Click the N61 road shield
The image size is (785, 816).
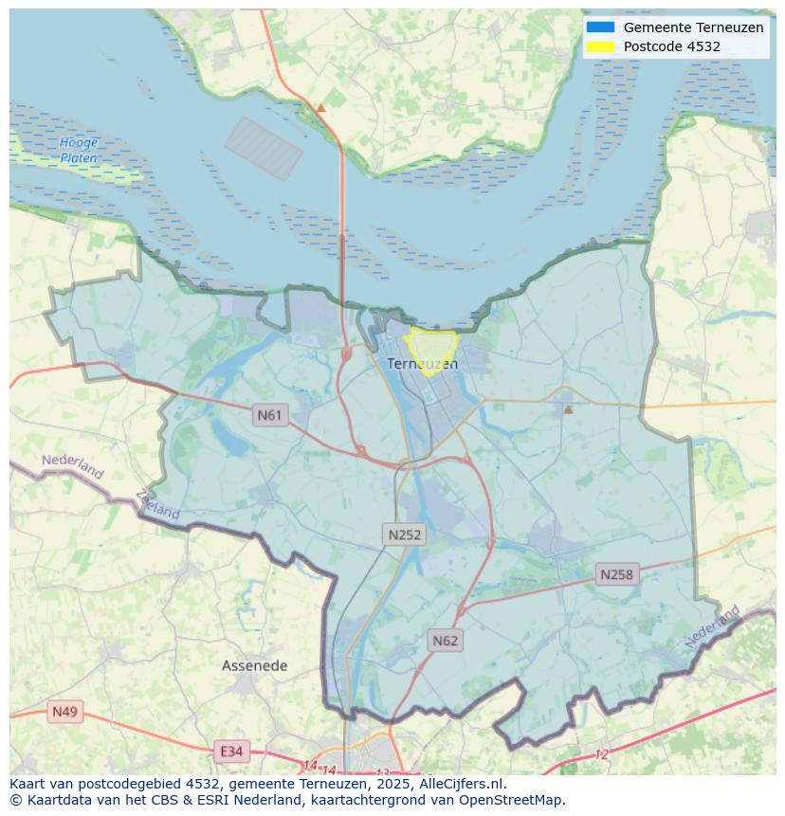[x=270, y=415]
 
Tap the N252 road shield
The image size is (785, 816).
[x=405, y=535]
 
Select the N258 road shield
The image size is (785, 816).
[x=616, y=574]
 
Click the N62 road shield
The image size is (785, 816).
[x=445, y=641]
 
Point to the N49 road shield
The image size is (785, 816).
[x=65, y=711]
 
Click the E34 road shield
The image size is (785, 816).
[x=230, y=752]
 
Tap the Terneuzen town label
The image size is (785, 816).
[x=422, y=364]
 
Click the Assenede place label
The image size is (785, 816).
[x=254, y=665]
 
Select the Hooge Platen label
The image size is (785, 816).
[x=79, y=150]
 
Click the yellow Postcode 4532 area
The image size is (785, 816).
[x=431, y=345]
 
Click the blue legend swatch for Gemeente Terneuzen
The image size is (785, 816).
[x=600, y=27]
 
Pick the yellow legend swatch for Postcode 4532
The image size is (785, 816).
[x=600, y=46]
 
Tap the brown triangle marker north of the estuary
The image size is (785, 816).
[x=320, y=108]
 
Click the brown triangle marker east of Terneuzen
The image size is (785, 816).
[x=569, y=409]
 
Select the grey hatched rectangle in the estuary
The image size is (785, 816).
[x=263, y=149]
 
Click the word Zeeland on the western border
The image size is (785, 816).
[x=157, y=504]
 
